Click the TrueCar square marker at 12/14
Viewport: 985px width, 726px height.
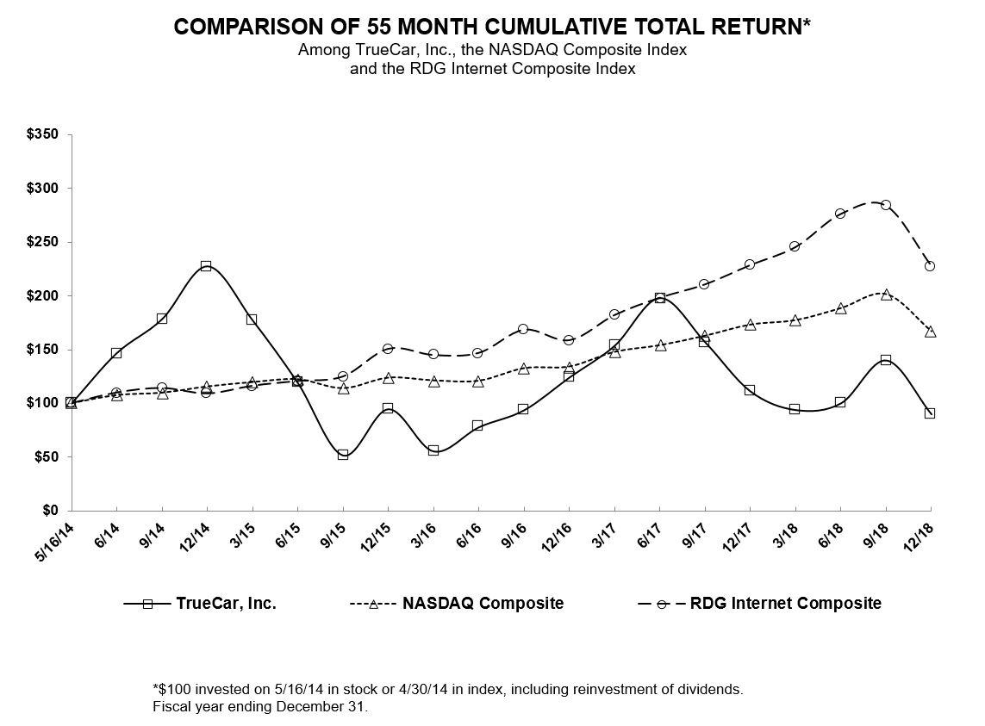point(206,266)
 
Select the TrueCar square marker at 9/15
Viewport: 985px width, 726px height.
point(343,455)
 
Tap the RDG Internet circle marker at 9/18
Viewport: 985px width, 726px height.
point(885,205)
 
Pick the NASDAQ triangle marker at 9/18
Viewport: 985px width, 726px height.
point(885,295)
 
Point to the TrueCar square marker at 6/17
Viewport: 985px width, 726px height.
point(660,298)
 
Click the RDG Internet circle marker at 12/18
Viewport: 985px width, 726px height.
point(930,266)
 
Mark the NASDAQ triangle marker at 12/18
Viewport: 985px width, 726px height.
point(930,332)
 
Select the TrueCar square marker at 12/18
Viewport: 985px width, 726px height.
point(930,413)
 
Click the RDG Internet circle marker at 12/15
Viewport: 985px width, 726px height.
point(388,349)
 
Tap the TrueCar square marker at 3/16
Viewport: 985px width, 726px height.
point(433,450)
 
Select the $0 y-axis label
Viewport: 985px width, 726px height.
point(52,511)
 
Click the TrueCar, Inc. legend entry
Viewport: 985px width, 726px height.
point(226,604)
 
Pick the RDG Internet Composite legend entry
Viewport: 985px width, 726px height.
point(785,604)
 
